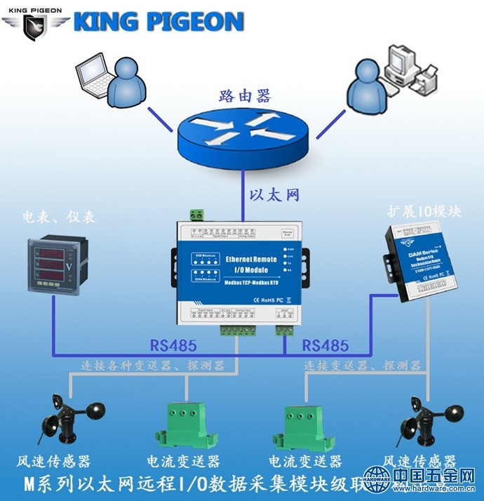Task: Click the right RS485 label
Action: point(325,345)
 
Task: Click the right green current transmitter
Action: point(306,425)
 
